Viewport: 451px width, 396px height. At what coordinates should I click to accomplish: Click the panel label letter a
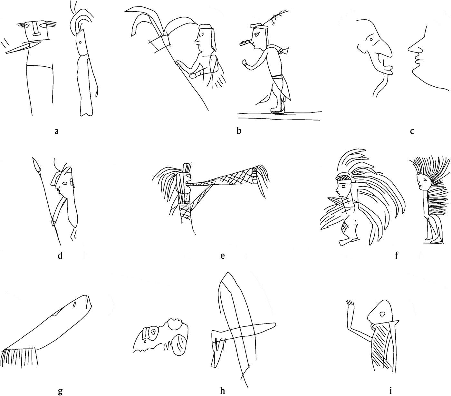(57, 131)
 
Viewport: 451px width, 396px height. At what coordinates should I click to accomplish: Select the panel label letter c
(412, 131)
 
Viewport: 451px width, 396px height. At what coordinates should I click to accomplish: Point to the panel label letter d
(60, 256)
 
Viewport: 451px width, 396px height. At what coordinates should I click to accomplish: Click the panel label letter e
(222, 256)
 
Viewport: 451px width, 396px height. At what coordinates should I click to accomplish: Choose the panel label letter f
(396, 256)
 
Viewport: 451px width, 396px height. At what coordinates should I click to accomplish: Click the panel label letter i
(391, 391)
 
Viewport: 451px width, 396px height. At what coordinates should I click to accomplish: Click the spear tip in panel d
(36, 164)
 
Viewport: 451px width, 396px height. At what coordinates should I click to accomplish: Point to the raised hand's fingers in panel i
(350, 304)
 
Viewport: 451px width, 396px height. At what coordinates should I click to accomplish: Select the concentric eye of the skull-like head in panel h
(153, 331)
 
